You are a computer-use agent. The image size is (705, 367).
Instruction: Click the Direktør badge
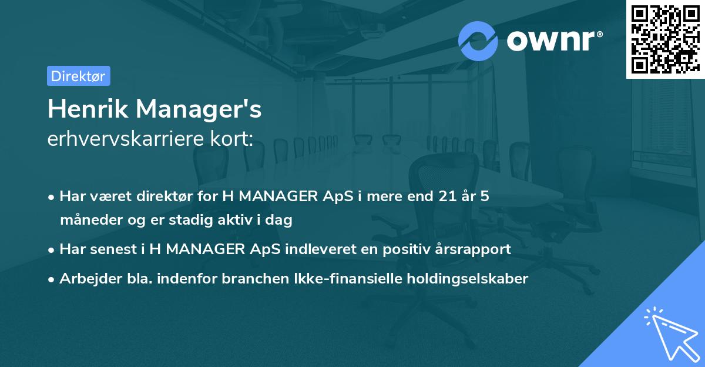[78, 76]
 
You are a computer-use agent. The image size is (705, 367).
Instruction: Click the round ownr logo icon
[479, 41]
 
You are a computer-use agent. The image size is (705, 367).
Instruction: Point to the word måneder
[87, 221]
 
